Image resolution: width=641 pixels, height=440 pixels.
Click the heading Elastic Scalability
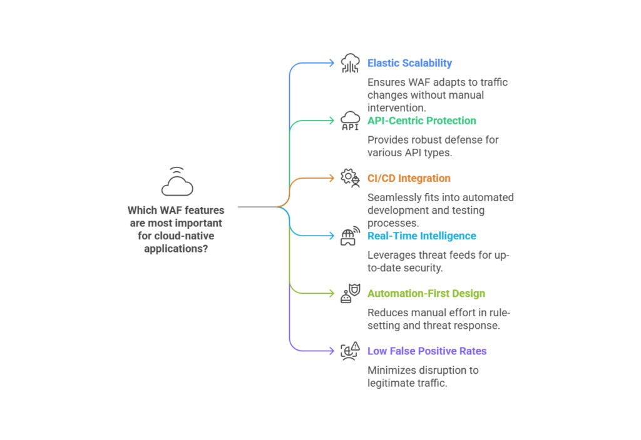(409, 63)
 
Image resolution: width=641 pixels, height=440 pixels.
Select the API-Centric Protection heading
(421, 121)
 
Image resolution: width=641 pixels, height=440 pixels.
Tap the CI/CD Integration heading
(408, 178)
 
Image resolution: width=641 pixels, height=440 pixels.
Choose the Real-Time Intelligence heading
(421, 236)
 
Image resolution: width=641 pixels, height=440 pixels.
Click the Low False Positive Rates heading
(426, 351)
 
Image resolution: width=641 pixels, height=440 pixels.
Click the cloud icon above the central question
(177, 182)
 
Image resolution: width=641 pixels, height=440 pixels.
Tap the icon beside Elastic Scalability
(350, 63)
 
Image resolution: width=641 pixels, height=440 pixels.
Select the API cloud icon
(350, 121)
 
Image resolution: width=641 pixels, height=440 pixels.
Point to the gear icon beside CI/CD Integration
(350, 178)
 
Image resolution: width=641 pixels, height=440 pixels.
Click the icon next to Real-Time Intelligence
(350, 236)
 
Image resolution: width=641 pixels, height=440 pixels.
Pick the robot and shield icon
(350, 293)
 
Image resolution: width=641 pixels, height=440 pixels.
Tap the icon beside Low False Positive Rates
(350, 351)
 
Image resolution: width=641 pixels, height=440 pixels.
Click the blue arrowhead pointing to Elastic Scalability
(332, 63)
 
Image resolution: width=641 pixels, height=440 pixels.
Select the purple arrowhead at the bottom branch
(332, 351)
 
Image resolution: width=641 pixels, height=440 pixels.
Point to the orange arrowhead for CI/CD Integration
(332, 178)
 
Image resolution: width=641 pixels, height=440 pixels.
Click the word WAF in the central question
(170, 211)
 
